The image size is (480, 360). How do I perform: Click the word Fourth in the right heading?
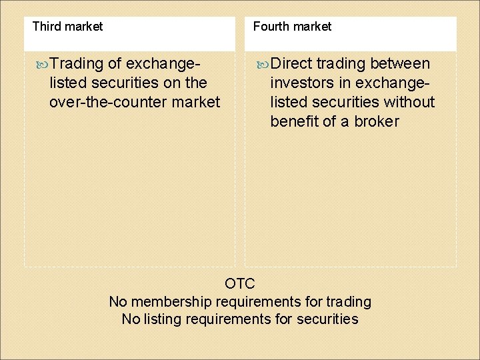[270, 27]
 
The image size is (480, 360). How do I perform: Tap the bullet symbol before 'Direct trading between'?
[263, 64]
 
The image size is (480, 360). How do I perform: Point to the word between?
[400, 64]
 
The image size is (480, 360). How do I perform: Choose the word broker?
[377, 122]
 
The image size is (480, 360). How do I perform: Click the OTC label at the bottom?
[240, 284]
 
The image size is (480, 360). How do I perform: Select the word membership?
[170, 302]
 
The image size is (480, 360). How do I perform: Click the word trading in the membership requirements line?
[349, 302]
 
